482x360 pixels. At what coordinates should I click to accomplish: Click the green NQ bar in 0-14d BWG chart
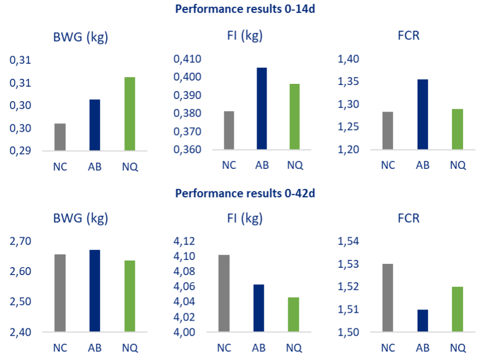click(129, 114)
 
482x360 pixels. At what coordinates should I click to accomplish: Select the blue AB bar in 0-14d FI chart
click(262, 109)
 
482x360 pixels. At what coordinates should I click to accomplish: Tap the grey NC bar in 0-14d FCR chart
click(388, 131)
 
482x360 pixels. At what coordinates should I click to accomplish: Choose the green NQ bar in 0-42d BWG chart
click(129, 296)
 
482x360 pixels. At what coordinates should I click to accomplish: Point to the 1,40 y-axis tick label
click(349, 59)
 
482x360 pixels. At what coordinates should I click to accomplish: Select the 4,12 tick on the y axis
click(185, 242)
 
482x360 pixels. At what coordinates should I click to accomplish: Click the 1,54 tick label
click(349, 242)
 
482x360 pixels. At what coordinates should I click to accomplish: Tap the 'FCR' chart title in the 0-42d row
click(409, 218)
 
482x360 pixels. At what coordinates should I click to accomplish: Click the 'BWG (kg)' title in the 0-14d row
click(81, 38)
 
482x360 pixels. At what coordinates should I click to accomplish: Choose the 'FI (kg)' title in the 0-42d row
click(240, 218)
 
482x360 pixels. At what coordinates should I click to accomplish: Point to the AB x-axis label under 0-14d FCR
click(423, 165)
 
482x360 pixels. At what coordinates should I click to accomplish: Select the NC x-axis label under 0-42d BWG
click(60, 348)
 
